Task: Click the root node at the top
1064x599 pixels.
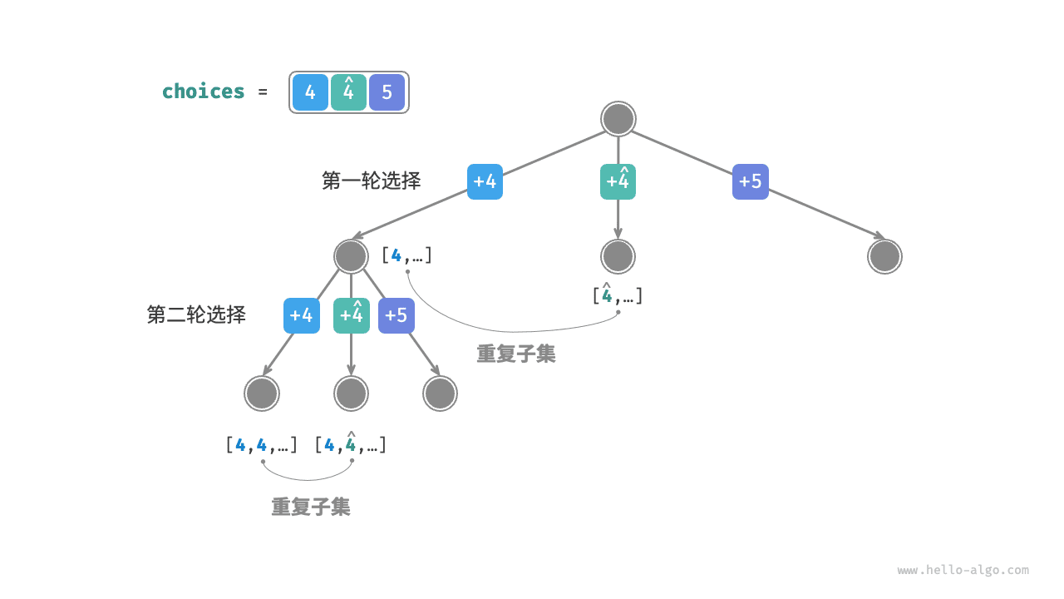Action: [618, 119]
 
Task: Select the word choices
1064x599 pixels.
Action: [203, 92]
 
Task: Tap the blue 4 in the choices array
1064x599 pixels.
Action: [310, 92]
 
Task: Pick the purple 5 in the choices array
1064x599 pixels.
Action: [387, 92]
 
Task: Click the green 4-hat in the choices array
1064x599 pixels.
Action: [348, 92]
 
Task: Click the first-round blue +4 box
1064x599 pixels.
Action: [485, 181]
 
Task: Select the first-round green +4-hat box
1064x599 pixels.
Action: [618, 181]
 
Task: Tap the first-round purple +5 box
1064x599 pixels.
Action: [750, 181]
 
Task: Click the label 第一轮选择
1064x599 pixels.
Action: [371, 181]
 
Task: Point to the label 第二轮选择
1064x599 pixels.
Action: [196, 314]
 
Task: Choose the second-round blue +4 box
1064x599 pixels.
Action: [301, 315]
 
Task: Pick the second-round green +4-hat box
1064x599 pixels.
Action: [351, 315]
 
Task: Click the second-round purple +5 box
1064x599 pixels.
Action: [396, 315]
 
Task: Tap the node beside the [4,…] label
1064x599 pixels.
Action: [351, 256]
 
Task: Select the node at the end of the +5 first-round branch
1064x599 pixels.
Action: [884, 256]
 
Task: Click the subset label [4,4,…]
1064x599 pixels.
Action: [261, 445]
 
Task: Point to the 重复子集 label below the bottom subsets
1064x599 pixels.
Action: [310, 507]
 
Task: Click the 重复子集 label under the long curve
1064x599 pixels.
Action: [515, 354]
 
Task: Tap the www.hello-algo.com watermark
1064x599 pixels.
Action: [963, 571]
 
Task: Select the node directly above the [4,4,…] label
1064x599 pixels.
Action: [262, 394]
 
